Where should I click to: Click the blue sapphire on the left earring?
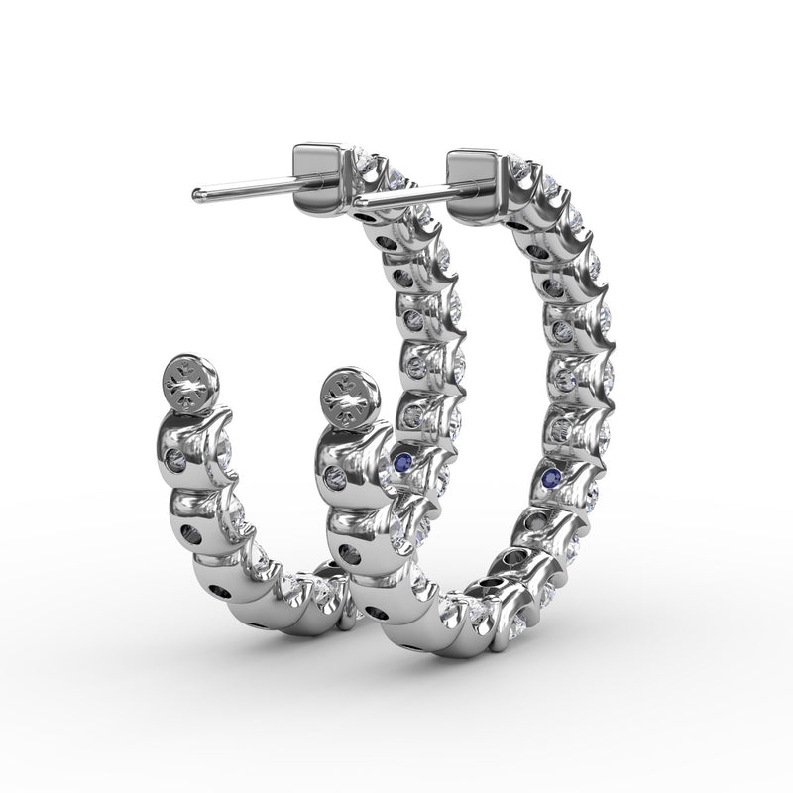[x=401, y=460]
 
